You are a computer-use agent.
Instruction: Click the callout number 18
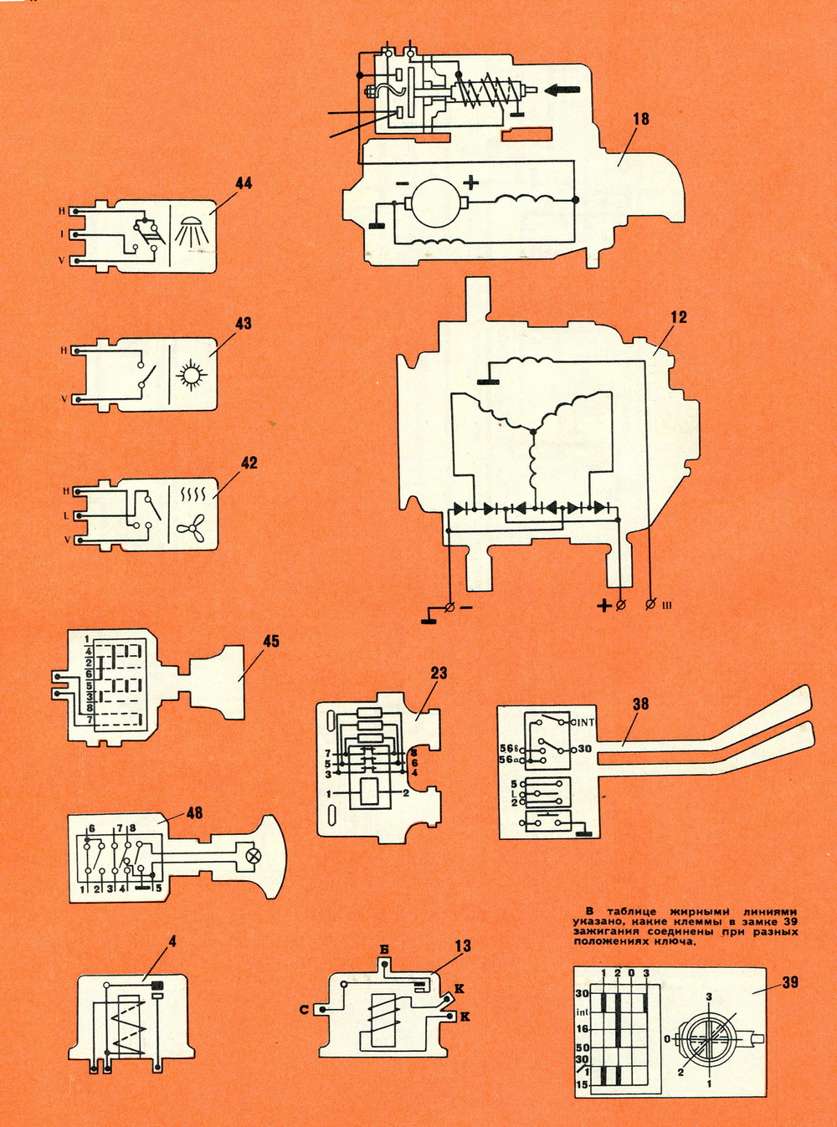click(x=640, y=119)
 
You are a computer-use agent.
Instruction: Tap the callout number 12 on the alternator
click(x=678, y=317)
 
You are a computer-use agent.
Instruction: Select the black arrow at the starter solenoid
click(x=561, y=90)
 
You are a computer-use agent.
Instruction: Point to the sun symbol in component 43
click(x=192, y=374)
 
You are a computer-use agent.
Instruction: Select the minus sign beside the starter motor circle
click(x=403, y=182)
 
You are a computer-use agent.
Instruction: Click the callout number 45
click(x=271, y=642)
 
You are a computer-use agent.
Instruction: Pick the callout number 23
click(x=439, y=673)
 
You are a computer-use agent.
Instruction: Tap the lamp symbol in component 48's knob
click(x=251, y=856)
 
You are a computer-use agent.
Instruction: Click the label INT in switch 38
click(x=584, y=722)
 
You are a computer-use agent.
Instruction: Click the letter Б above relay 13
click(x=384, y=950)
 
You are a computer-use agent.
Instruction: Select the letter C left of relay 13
click(x=305, y=1010)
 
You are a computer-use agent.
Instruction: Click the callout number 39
click(x=790, y=982)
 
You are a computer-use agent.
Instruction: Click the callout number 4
click(x=172, y=941)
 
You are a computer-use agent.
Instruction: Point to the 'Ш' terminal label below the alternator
click(x=666, y=604)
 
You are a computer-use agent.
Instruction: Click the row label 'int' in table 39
click(x=583, y=1012)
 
